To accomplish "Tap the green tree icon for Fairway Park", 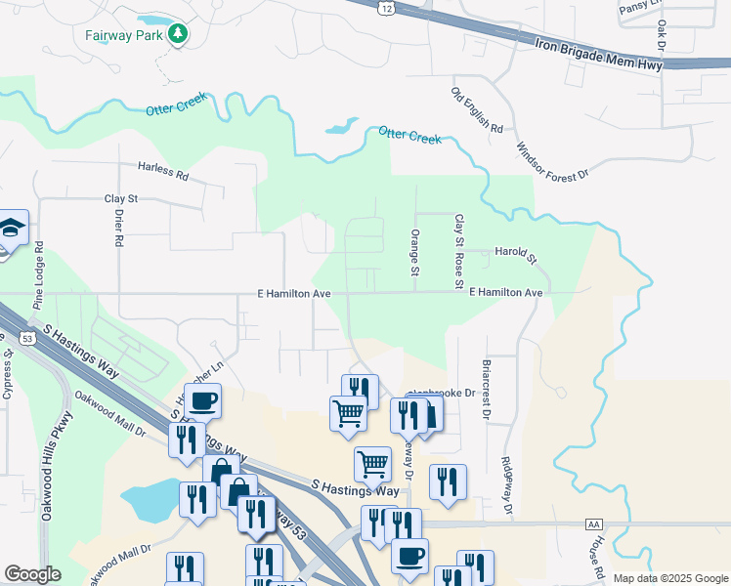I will pyautogui.click(x=177, y=35).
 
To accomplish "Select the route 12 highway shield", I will pyautogui.click(x=388, y=8).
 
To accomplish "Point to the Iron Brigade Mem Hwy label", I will pyautogui.click(x=599, y=54).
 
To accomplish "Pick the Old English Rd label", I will pyautogui.click(x=476, y=110).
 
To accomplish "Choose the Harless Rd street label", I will pyautogui.click(x=162, y=173).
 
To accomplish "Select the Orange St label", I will pyautogui.click(x=415, y=251).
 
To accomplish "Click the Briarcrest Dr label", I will pyautogui.click(x=485, y=389).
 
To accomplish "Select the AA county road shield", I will pyautogui.click(x=592, y=524).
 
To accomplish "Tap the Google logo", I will pyautogui.click(x=32, y=574).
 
